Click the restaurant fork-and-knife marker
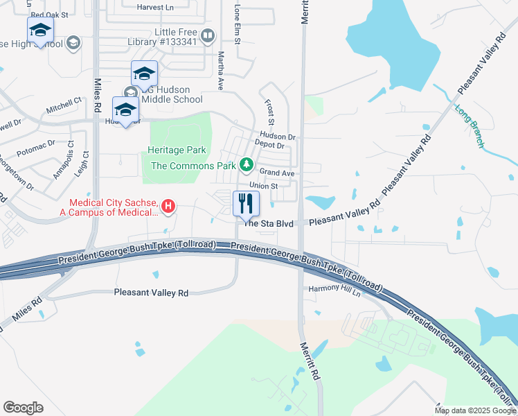coord(246,204)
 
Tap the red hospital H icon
coord(168,206)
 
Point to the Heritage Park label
coord(177,150)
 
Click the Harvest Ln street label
coord(155,7)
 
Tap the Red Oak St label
coord(50,14)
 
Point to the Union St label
coord(263,186)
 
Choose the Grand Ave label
coord(277,172)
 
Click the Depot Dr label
coord(270,146)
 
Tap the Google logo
coord(24,408)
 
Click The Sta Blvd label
coord(269,223)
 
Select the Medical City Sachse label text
coord(113,207)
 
